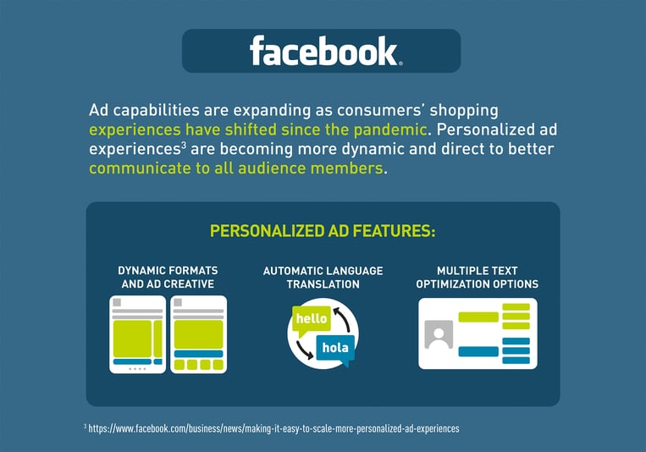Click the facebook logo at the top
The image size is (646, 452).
click(325, 51)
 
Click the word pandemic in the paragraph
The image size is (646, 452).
click(389, 130)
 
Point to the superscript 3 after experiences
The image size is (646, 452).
click(184, 145)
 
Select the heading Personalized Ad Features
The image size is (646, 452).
click(323, 231)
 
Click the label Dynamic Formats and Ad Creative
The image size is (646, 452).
click(168, 278)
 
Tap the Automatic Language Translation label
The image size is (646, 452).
click(323, 278)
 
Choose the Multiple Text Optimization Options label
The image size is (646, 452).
click(477, 278)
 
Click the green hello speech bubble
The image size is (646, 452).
click(311, 320)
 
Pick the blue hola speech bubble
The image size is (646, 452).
click(335, 349)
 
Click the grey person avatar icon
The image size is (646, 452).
click(439, 334)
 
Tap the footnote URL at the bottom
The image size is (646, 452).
click(273, 428)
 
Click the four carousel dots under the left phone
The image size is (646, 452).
click(137, 369)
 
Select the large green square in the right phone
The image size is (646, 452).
click(199, 334)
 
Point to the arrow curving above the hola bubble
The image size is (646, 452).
click(342, 318)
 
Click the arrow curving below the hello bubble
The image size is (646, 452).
click(304, 350)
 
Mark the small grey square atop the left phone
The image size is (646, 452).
click(117, 302)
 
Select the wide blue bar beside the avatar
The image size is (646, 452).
click(478, 351)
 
